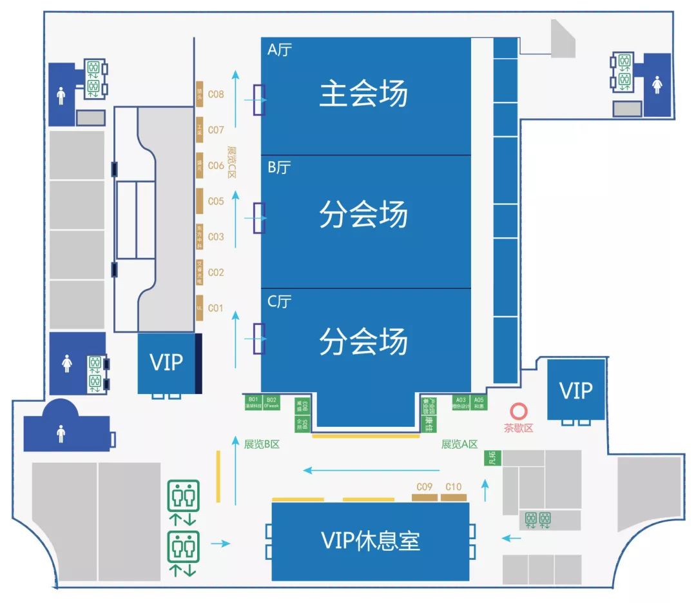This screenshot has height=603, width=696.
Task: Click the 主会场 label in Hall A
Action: pos(364,94)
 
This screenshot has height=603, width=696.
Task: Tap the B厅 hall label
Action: pos(279,168)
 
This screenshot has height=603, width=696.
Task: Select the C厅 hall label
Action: pos(279,301)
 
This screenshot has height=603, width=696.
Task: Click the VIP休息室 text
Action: pos(371,540)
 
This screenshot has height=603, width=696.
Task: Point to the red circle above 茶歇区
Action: pos(517,411)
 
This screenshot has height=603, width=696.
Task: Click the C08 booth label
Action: pos(216,94)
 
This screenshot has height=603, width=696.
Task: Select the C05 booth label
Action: pos(216,201)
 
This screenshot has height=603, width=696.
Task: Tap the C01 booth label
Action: pos(215,308)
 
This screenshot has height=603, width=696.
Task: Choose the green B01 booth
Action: pos(253,402)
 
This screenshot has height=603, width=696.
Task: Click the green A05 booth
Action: pos(479,402)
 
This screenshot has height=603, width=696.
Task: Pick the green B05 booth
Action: pos(302,423)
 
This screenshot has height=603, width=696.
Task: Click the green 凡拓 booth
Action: pos(492,459)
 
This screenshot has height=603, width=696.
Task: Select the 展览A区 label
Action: pos(459,444)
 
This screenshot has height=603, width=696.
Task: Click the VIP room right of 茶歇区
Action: pos(576,390)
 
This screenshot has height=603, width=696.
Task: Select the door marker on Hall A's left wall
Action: pos(259,101)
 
